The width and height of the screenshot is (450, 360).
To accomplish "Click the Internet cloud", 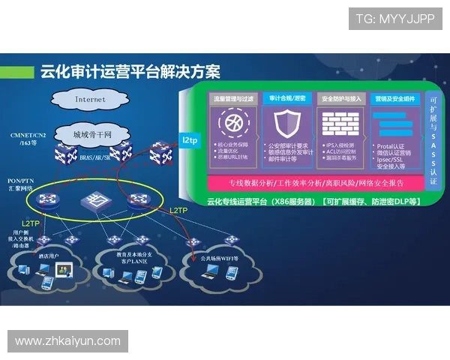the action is tap(91, 99).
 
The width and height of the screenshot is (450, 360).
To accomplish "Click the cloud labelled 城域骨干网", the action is tap(91, 135).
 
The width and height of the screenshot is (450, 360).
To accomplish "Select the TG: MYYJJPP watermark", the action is tap(395, 19).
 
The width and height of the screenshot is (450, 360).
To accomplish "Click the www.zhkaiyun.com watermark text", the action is tap(67, 341).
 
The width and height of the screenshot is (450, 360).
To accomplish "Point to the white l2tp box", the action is tap(188, 139).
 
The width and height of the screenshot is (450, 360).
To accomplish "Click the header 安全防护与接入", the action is tap(341, 98).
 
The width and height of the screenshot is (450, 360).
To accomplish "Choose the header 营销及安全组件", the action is tap(395, 98).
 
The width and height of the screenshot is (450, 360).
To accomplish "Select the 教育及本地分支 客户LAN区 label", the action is tap(136, 259).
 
